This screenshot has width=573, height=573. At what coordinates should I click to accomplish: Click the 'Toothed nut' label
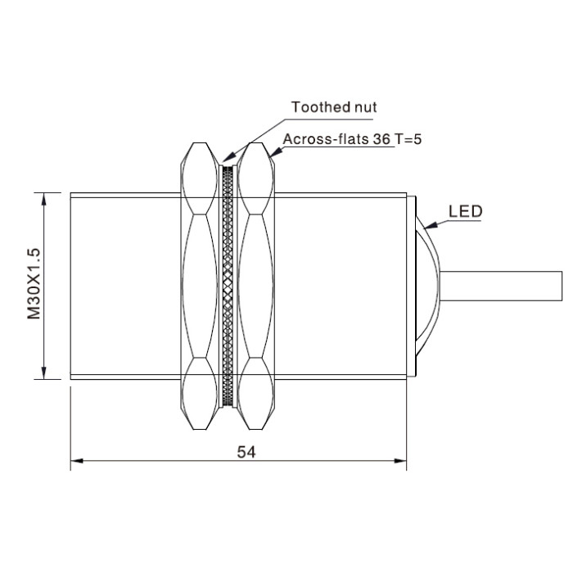334,107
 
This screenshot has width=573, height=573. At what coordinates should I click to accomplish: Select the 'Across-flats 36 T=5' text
352,139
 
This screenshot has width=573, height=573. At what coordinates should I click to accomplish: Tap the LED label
465,211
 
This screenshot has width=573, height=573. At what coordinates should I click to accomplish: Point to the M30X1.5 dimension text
34,283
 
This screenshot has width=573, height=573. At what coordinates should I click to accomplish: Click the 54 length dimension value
246,452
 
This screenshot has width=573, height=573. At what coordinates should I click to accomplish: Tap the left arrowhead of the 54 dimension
77,461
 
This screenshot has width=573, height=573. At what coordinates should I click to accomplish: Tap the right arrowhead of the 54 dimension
400,461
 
